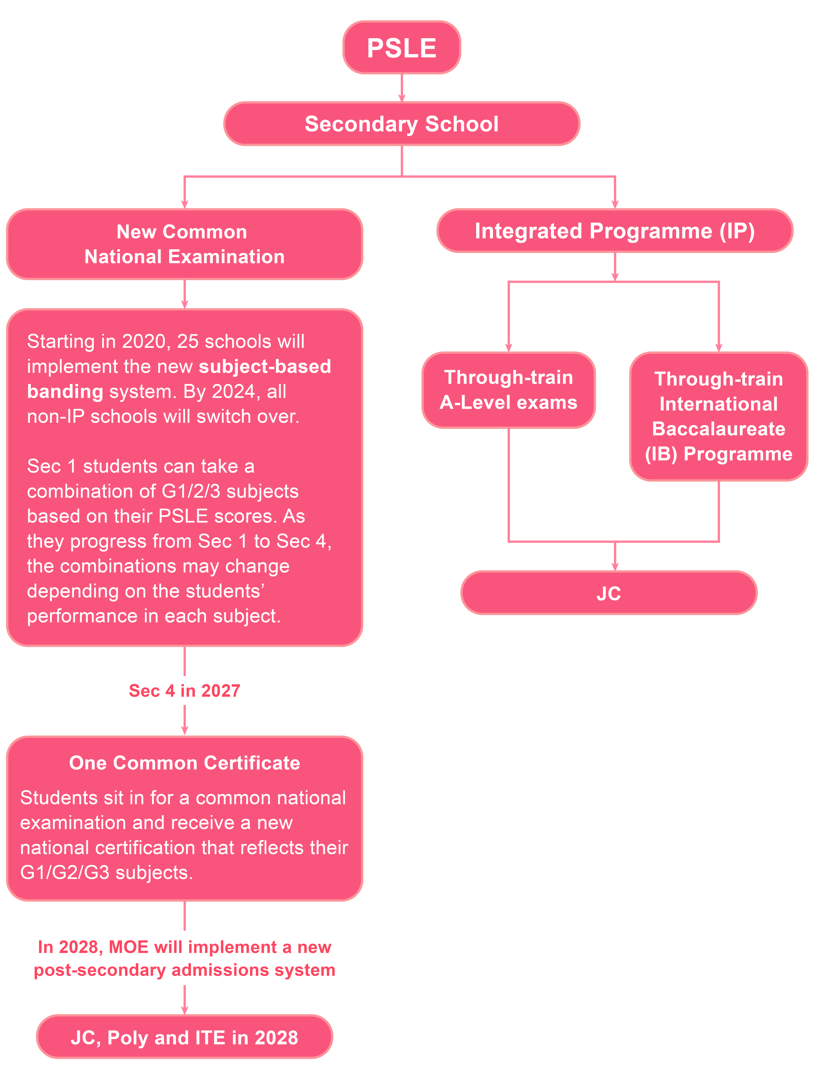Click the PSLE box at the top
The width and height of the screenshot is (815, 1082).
[402, 48]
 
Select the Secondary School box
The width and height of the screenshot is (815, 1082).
[402, 124]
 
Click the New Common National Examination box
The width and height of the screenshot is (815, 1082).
[184, 244]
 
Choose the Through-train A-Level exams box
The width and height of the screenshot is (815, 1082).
[509, 390]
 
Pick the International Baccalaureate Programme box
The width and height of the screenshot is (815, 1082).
[719, 416]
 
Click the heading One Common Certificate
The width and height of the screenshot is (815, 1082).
[184, 763]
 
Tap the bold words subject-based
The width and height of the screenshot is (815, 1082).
[265, 366]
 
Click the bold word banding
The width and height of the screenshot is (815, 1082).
[65, 391]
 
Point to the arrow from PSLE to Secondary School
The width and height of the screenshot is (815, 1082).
[402, 88]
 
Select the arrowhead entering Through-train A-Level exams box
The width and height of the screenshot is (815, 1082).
[509, 348]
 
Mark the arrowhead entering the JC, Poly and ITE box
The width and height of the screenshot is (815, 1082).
[184, 1011]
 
